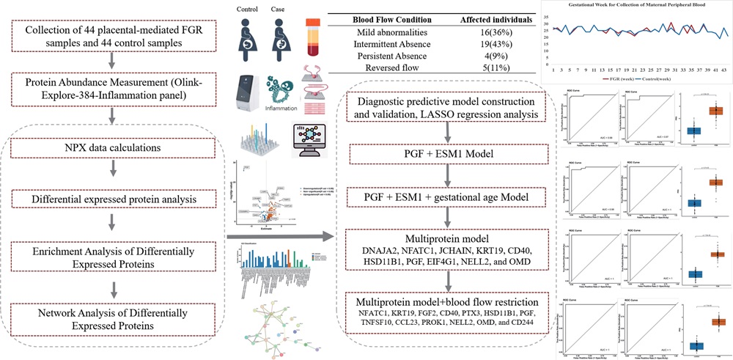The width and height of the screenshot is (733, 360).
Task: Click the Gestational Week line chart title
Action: (x=637, y=7)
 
